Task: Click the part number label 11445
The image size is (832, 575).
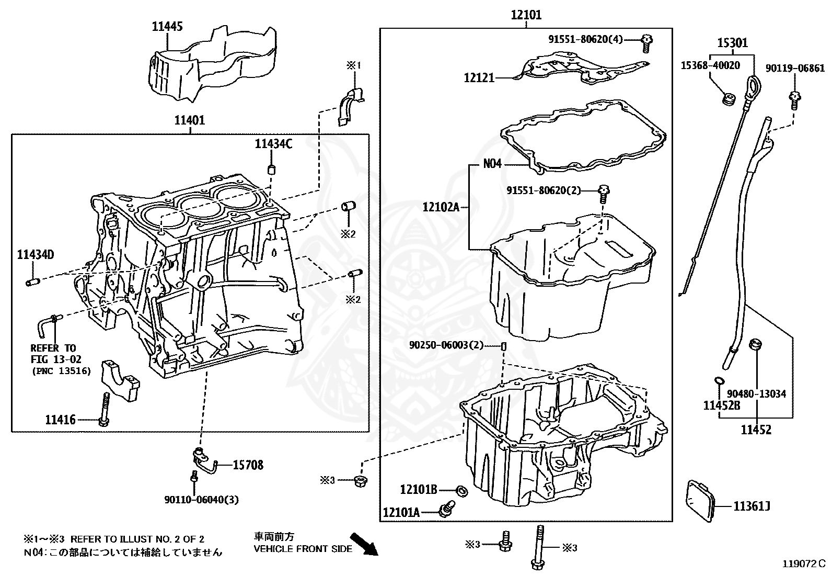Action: click(x=167, y=27)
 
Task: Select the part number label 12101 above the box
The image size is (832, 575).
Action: click(x=526, y=15)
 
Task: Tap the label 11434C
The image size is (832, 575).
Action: click(x=273, y=144)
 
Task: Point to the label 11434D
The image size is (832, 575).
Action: click(x=35, y=255)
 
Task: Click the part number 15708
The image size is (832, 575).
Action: click(x=248, y=465)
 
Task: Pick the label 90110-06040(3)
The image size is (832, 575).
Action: click(x=201, y=500)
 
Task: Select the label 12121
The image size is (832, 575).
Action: click(x=479, y=77)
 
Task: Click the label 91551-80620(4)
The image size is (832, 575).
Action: click(x=585, y=39)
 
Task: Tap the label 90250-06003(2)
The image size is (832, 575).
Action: click(x=446, y=345)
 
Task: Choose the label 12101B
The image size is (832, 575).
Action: click(x=419, y=490)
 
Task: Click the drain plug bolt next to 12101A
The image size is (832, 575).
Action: click(x=447, y=509)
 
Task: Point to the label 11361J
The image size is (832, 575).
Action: click(x=752, y=506)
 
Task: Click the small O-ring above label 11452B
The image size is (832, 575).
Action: click(x=719, y=381)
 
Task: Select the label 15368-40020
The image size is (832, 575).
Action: click(x=710, y=65)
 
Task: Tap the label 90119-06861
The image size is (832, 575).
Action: click(x=795, y=68)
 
